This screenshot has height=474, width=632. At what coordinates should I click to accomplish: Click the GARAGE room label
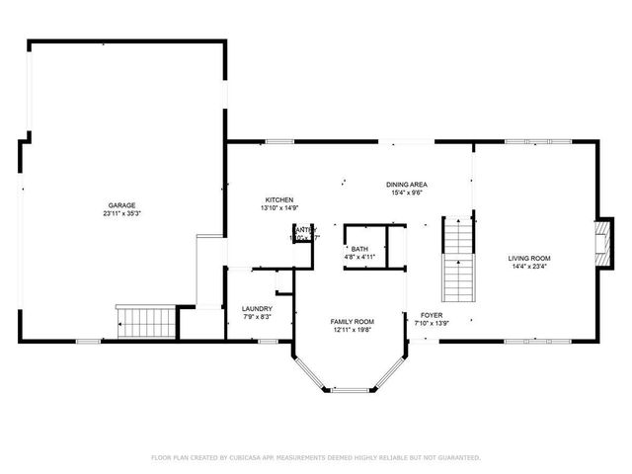tap(121, 205)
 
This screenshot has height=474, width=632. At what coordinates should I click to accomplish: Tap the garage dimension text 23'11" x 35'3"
tap(121, 213)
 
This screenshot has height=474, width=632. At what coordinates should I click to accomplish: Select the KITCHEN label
tap(279, 200)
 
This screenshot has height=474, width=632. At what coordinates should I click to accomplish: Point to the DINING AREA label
tap(406, 185)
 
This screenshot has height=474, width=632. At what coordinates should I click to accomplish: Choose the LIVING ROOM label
tap(529, 259)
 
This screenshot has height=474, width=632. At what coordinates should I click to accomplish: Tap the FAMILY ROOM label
tap(352, 322)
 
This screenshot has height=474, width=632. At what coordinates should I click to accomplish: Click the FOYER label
tap(431, 315)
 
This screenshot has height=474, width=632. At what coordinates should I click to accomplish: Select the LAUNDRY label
tap(257, 309)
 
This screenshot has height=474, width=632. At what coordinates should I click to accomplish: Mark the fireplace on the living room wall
tap(602, 238)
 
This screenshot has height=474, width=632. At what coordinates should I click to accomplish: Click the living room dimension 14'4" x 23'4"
tap(529, 267)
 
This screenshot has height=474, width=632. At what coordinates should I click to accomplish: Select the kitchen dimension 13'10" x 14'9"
tap(279, 208)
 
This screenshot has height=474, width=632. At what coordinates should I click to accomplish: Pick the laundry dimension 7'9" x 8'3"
tap(257, 317)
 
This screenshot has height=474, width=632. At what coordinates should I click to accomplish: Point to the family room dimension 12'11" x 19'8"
tap(352, 330)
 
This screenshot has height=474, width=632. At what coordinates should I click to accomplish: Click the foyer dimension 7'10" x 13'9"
tap(431, 323)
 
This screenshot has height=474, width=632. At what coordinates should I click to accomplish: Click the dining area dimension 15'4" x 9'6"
tap(406, 193)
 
